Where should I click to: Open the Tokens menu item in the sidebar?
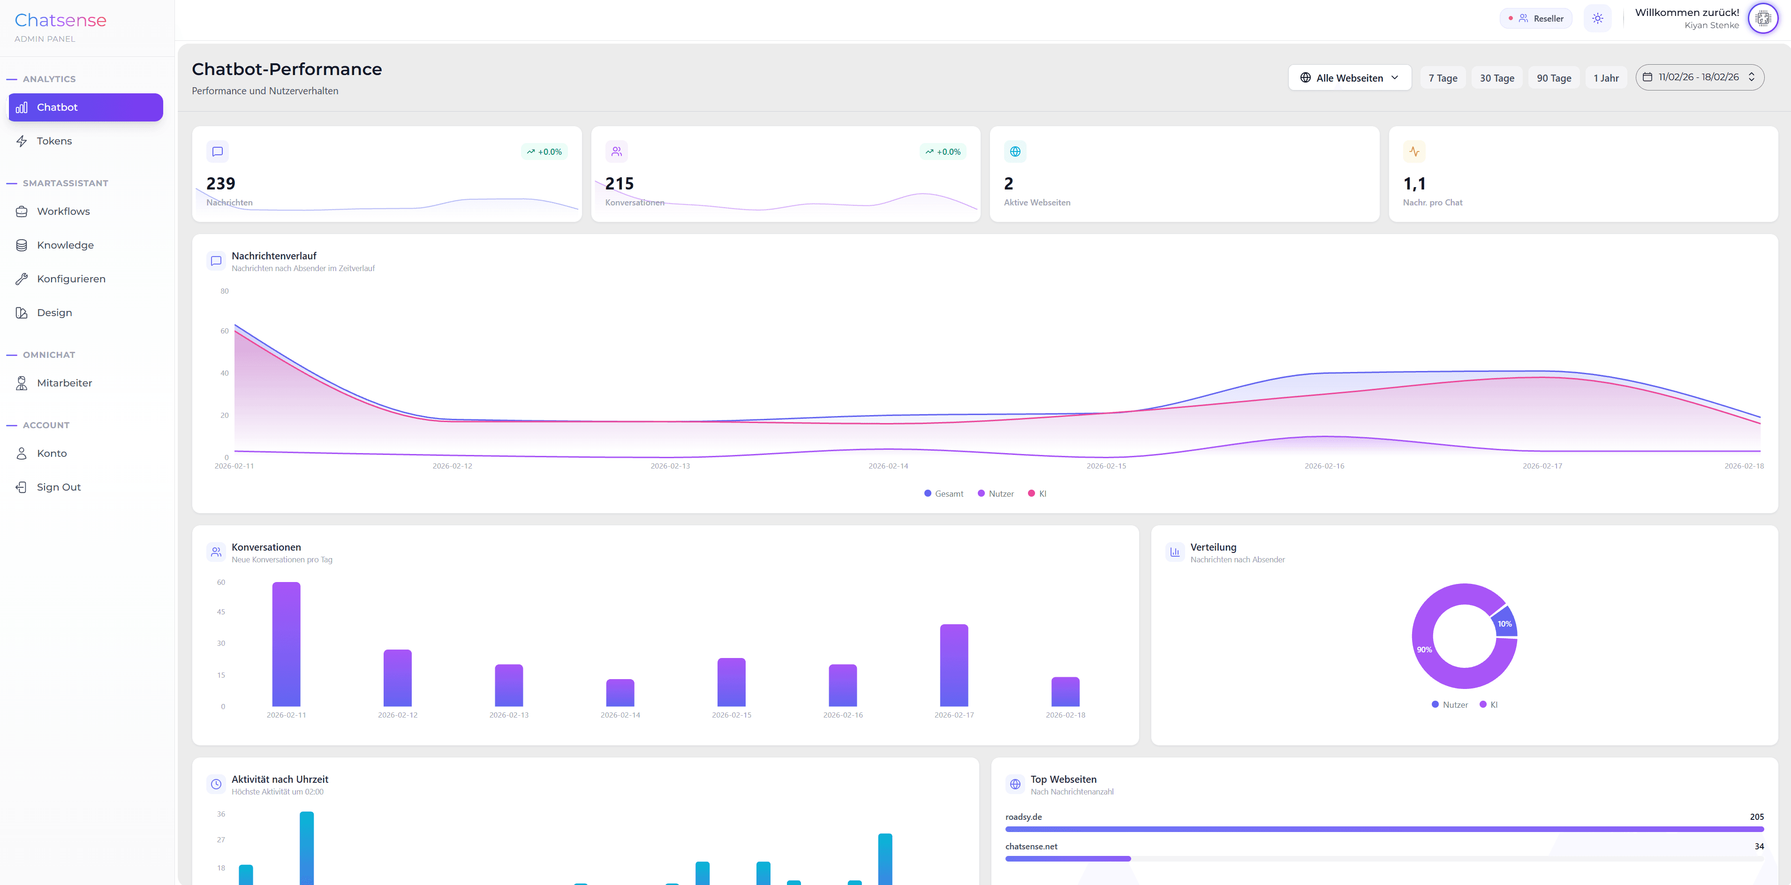54,141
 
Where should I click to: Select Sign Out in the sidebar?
59,487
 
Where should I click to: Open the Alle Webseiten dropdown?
1349,78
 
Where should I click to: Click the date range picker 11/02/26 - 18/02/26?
1699,77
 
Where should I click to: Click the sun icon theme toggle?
1597,19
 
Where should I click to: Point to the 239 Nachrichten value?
221,183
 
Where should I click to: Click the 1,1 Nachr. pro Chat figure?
1414,183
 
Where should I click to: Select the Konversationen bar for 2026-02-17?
953,666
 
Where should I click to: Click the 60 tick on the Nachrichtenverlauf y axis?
224,331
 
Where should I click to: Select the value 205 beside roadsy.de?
1756,817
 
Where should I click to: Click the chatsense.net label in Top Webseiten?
1031,846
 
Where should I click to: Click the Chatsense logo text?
60,20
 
